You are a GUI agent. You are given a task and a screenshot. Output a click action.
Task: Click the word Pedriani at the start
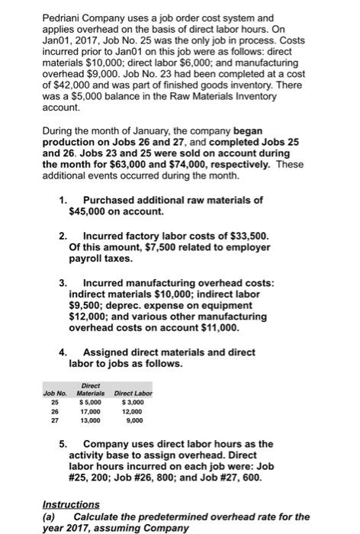pos(24,16)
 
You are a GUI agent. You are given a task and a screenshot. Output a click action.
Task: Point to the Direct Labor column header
pos(133,393)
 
